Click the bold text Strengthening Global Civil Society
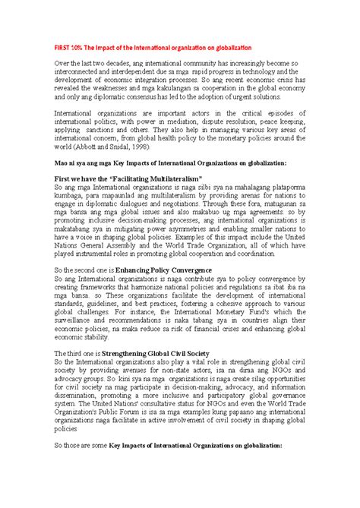[x=159, y=374]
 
